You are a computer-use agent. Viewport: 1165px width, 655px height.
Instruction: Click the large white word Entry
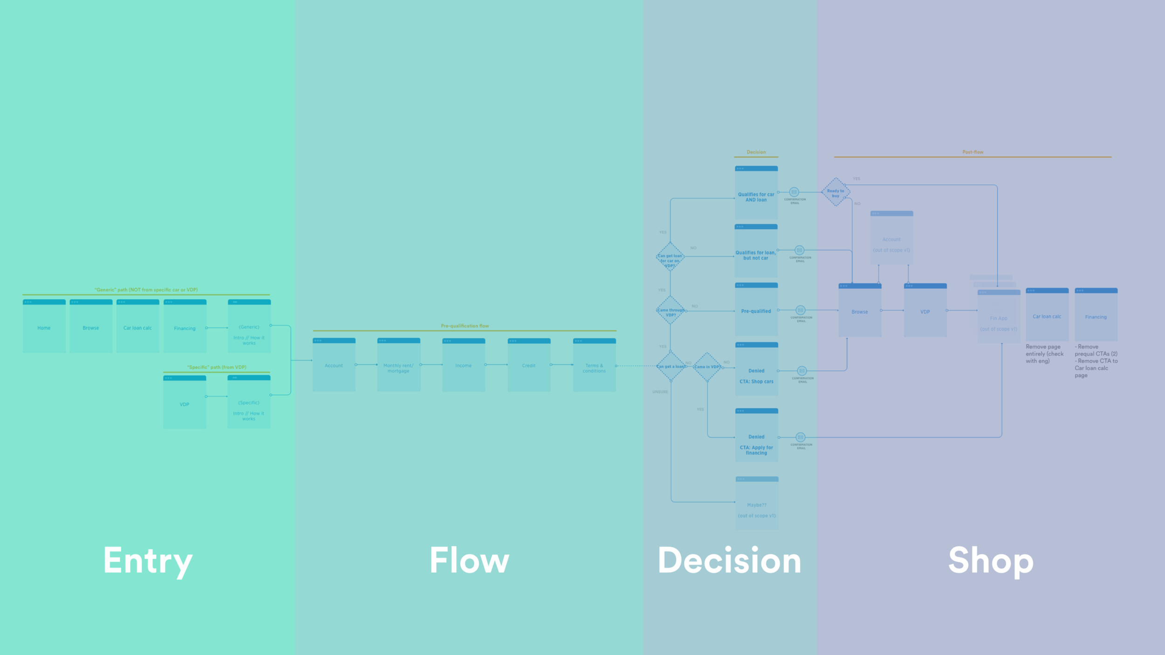(148, 561)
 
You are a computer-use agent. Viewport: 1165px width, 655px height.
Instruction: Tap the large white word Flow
(469, 560)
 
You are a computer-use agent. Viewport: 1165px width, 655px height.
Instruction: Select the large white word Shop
(991, 561)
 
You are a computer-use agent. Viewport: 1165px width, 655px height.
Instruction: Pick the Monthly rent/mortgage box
(398, 365)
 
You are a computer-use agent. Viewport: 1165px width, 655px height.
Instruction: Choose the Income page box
(464, 365)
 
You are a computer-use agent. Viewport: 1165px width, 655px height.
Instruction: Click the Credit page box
(529, 365)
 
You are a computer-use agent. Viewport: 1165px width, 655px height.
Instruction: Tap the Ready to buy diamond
(836, 192)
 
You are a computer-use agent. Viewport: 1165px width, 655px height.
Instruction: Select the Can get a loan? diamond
(670, 367)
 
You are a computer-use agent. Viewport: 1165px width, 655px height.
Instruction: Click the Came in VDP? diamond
(707, 367)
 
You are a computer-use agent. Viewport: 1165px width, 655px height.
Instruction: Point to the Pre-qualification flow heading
(465, 326)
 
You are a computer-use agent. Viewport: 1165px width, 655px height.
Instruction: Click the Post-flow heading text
(973, 152)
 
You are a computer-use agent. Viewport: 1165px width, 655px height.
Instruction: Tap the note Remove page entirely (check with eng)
(1044, 354)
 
